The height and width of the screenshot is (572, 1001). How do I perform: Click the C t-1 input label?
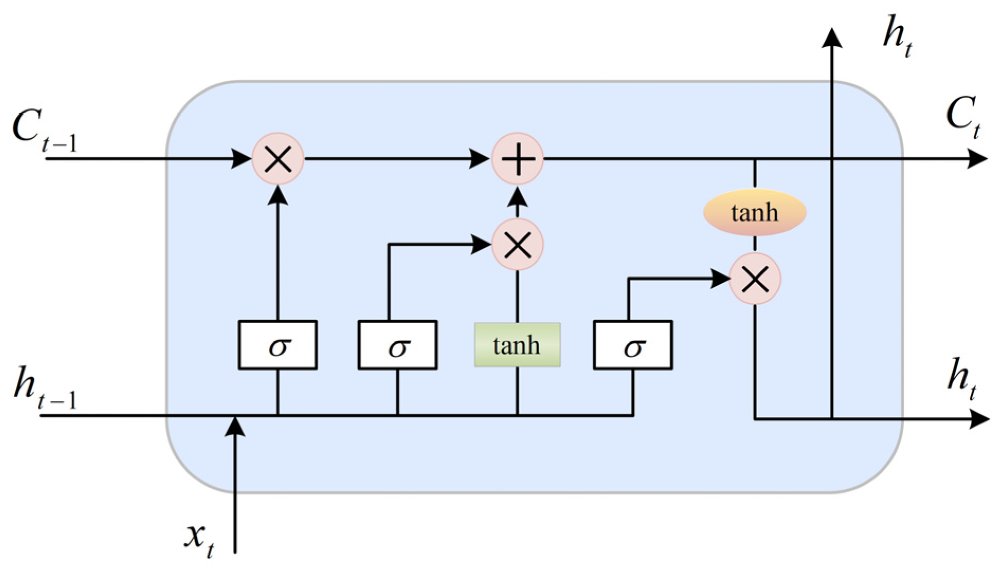(x=44, y=132)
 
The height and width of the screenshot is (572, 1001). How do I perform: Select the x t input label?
(x=199, y=539)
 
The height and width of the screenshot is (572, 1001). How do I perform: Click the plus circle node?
(x=517, y=159)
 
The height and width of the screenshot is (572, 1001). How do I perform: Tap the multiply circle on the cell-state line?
(x=278, y=159)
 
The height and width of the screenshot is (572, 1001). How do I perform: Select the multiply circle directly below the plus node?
(x=517, y=245)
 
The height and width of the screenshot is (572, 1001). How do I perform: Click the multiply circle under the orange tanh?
(x=755, y=279)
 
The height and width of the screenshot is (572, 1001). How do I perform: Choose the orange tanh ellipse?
(x=755, y=212)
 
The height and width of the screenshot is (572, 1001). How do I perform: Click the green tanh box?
(x=517, y=345)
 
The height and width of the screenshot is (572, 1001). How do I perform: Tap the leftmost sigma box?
(x=278, y=345)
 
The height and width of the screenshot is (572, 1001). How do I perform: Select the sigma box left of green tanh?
(x=397, y=345)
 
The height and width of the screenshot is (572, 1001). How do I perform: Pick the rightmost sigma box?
(x=633, y=345)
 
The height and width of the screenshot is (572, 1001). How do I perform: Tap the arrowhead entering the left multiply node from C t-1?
(x=242, y=159)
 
